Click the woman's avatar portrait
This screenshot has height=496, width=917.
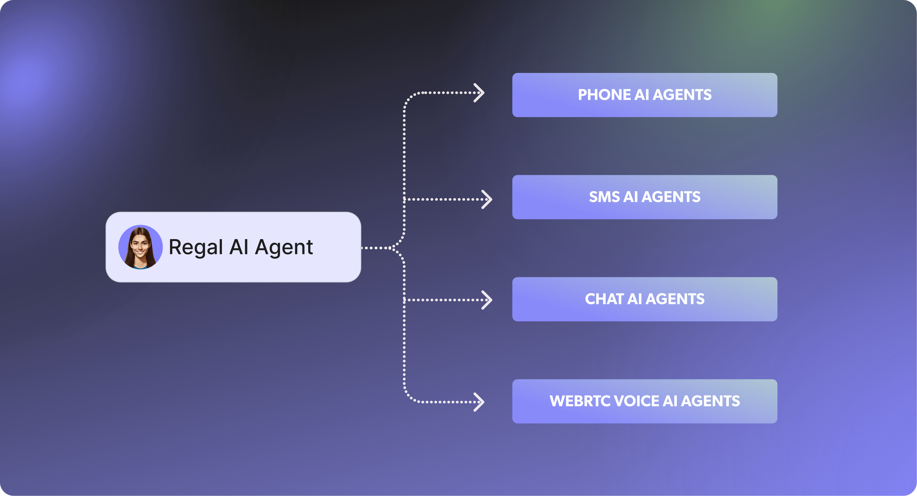[140, 247]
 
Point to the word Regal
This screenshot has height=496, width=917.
[196, 248]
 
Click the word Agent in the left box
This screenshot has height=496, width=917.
[284, 248]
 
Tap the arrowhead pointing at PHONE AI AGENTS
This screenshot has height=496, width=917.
[480, 93]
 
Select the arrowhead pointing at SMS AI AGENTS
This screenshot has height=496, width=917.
[487, 199]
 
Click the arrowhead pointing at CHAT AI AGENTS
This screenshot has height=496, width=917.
[487, 300]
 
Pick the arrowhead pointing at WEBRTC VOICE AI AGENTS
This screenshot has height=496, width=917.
[480, 402]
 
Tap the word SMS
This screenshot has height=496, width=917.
[604, 197]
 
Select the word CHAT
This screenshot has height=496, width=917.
[604, 299]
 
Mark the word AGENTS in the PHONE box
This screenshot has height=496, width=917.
[682, 95]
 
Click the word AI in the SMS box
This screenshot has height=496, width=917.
[630, 197]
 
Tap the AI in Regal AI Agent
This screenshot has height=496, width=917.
[239, 247]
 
